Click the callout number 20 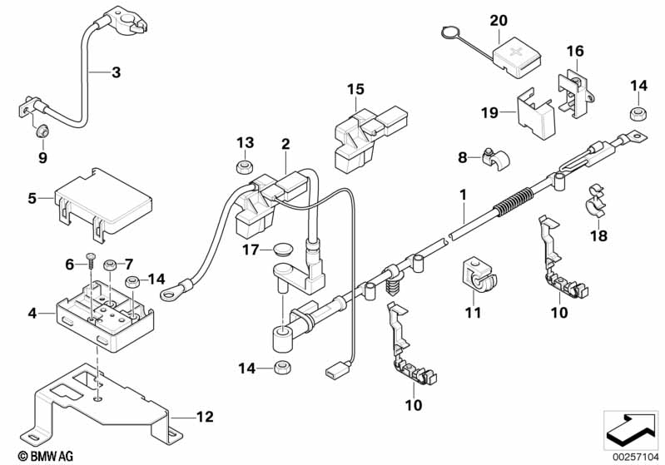pyautogui.click(x=498, y=19)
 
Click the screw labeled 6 pyautogui.click(x=91, y=265)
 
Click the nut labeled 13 pyautogui.click(x=243, y=167)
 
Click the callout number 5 pyautogui.click(x=33, y=198)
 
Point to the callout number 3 pyautogui.click(x=116, y=72)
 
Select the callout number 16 pyautogui.click(x=575, y=51)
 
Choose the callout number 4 pyautogui.click(x=32, y=314)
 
